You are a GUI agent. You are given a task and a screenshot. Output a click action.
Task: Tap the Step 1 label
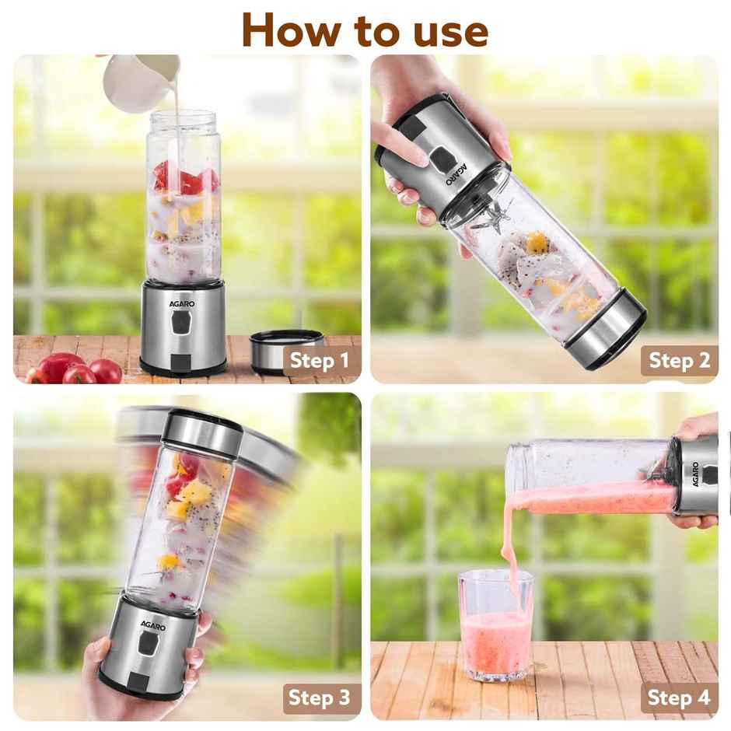tap(319, 361)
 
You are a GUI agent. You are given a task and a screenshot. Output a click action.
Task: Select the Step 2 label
tap(679, 360)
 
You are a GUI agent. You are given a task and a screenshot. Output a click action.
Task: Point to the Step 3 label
tap(319, 698)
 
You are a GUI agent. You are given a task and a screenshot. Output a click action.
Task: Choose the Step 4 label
tap(679, 698)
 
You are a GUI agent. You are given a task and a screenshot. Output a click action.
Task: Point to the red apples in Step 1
tap(74, 368)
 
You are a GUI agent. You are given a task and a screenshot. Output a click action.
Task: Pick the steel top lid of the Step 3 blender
tap(203, 432)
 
